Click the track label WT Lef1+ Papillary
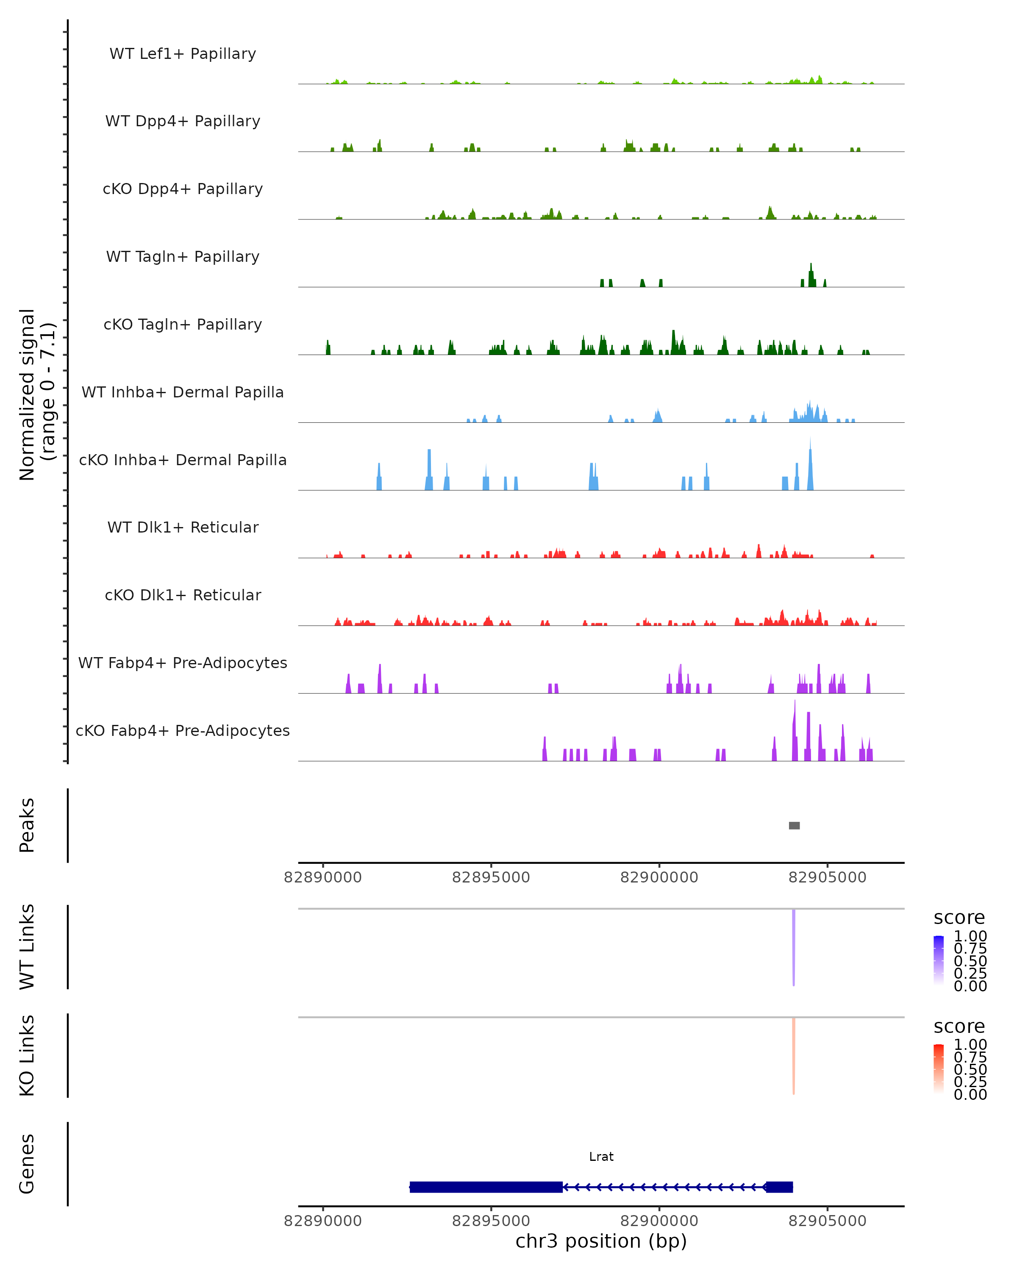click(x=183, y=54)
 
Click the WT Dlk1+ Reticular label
click(x=183, y=527)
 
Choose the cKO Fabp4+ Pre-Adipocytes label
click(x=183, y=730)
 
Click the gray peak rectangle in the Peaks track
click(x=794, y=825)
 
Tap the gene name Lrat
click(x=601, y=1157)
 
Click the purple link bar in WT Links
click(x=794, y=946)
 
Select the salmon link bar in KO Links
click(x=794, y=1055)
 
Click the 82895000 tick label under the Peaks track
click(x=491, y=877)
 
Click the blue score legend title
click(x=959, y=918)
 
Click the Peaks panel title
click(x=27, y=825)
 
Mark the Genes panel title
click(x=27, y=1164)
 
